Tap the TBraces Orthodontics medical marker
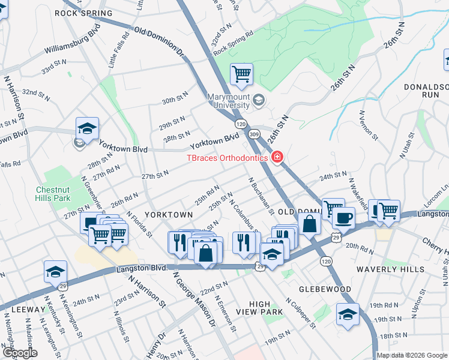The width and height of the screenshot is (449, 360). (277, 158)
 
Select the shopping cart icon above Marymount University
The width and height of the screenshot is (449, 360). (241, 74)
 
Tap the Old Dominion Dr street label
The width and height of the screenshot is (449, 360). (158, 41)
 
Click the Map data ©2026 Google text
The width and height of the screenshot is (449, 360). (412, 355)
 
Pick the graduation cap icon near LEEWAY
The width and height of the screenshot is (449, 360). (55, 271)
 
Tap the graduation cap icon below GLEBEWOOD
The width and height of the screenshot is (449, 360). (348, 313)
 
